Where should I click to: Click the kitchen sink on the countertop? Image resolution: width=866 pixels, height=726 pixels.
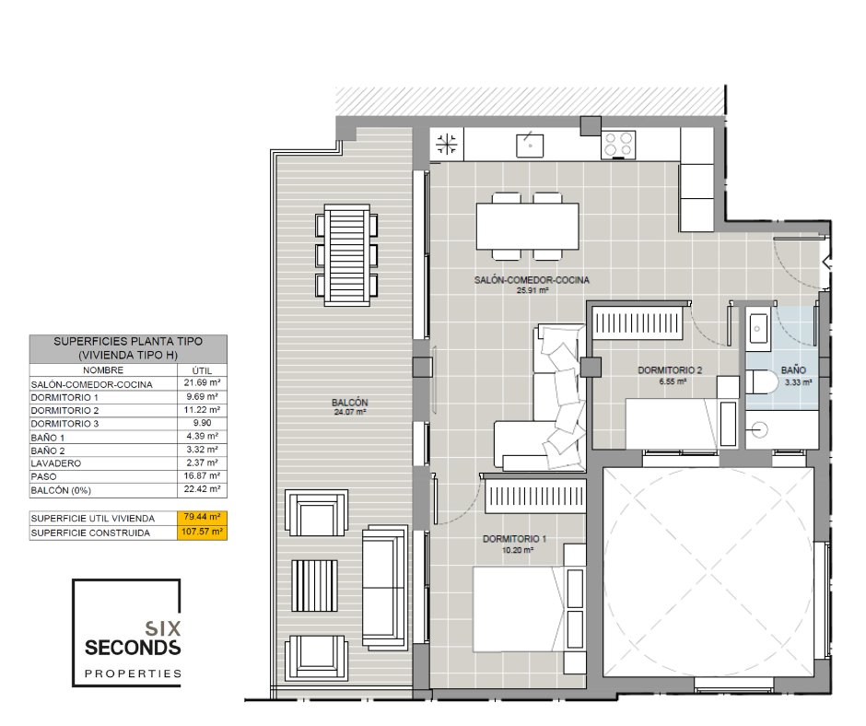click(x=530, y=145)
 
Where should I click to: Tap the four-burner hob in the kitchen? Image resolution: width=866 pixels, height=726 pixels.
click(x=618, y=145)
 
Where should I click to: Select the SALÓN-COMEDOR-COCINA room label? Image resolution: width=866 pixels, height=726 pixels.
click(x=532, y=280)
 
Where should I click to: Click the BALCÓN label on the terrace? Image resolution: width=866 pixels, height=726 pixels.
click(x=349, y=403)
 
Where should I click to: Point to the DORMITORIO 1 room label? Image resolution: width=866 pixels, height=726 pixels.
click(x=514, y=539)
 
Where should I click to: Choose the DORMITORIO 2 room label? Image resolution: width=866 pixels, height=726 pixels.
click(x=670, y=370)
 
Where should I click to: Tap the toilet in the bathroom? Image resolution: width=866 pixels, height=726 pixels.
click(x=761, y=381)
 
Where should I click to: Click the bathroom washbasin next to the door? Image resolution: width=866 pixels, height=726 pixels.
click(x=757, y=329)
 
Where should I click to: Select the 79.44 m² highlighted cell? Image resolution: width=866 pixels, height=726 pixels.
click(x=202, y=518)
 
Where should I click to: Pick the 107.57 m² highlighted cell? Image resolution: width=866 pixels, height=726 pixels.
click(x=202, y=533)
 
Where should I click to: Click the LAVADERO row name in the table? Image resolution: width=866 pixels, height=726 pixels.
click(x=56, y=463)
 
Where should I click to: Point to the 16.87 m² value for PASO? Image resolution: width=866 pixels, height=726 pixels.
click(x=202, y=475)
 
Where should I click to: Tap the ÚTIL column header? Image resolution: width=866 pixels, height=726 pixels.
click(x=202, y=370)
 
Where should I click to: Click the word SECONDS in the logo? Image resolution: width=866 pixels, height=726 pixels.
click(x=133, y=648)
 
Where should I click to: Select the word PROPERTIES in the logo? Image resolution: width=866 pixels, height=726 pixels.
click(x=133, y=673)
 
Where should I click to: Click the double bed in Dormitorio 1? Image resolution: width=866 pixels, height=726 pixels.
click(x=529, y=608)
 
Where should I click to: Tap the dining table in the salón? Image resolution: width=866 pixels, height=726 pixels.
click(x=528, y=227)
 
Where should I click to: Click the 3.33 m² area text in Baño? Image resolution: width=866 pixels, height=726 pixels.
click(x=799, y=381)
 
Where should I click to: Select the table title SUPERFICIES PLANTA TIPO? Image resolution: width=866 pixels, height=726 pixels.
click(x=128, y=342)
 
